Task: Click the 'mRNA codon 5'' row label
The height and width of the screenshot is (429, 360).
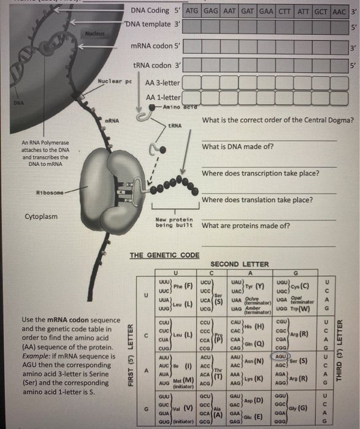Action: tap(153, 46)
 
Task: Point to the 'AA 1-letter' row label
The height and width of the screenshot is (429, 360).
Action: tap(163, 97)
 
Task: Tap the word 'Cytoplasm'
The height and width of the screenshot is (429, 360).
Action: tap(42, 217)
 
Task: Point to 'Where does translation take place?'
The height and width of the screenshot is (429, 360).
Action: tap(257, 200)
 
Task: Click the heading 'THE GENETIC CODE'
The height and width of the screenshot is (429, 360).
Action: tap(164, 255)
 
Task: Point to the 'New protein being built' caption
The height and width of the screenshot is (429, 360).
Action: tap(175, 223)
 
